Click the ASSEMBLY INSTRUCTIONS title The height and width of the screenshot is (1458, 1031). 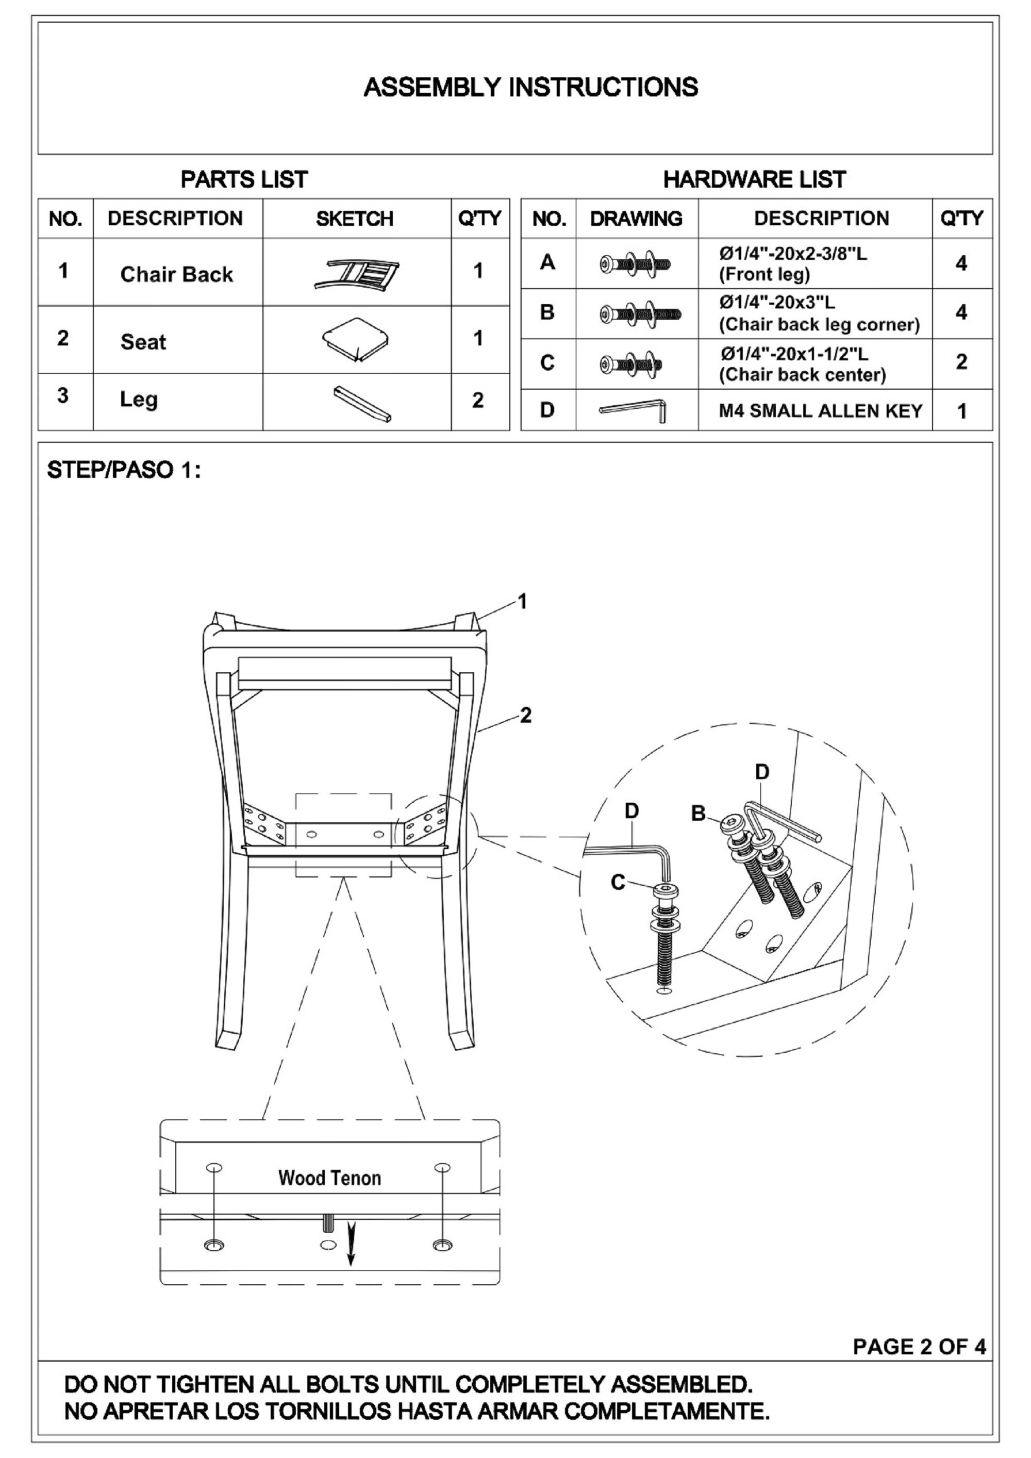coord(531,87)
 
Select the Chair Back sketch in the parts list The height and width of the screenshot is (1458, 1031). coord(356,274)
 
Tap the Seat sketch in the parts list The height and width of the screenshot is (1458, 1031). coord(356,339)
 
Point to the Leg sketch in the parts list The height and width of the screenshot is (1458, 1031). coord(362,403)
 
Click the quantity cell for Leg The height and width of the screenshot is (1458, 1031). coord(478,400)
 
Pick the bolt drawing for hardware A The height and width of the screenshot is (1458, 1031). coord(636,263)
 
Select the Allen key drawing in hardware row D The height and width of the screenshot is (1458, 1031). coord(633,409)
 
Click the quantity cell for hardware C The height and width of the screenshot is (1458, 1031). coord(961,362)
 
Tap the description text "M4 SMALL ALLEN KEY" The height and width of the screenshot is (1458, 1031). coord(820,411)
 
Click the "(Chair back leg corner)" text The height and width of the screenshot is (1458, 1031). coord(819,324)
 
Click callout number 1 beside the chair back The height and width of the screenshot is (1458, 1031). coord(523,601)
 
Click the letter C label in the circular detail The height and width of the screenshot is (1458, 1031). coord(617,882)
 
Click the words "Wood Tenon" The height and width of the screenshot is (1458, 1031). coord(329,1178)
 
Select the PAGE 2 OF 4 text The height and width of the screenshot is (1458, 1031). coord(919,1346)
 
